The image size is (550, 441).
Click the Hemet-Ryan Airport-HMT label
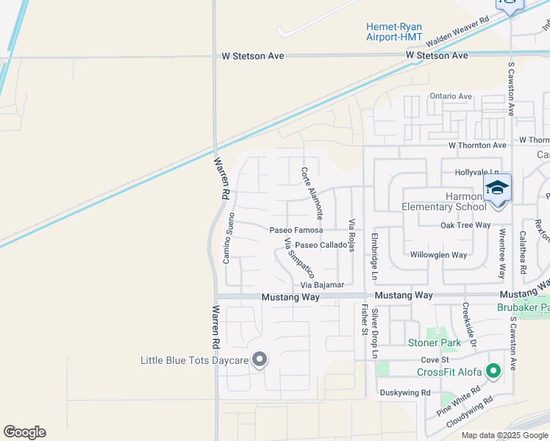coord(394,32)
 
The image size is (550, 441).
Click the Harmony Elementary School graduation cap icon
coord(497,189)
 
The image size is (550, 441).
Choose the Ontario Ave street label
coord(451,96)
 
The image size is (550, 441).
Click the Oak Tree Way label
coord(465,225)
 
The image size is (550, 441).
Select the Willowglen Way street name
coord(438,255)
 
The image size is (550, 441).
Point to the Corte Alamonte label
coord(311,193)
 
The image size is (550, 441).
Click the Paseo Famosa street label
coord(296,230)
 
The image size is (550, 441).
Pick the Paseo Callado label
coord(321,245)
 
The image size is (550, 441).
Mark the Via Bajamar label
coord(322,284)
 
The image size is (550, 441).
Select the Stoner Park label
coord(435,343)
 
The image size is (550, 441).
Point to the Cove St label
coord(435,359)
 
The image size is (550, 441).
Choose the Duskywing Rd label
coord(404,392)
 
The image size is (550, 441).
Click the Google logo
coord(24,432)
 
